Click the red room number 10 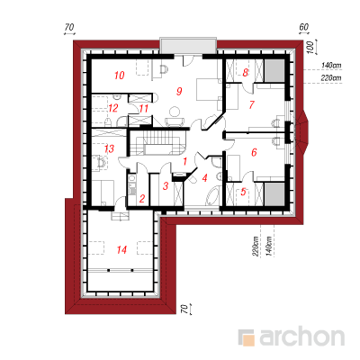(x=120, y=75)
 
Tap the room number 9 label (x=179, y=91)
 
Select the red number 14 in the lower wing (x=121, y=249)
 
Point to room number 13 (x=109, y=148)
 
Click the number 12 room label (x=113, y=108)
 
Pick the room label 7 (x=251, y=104)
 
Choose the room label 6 (x=254, y=152)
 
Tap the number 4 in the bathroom (x=204, y=178)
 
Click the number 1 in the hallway (x=184, y=162)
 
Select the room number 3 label (x=166, y=186)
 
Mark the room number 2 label (x=142, y=198)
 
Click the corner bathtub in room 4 (x=212, y=195)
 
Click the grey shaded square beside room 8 (x=274, y=70)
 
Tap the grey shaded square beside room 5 (x=274, y=194)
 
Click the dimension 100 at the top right (x=311, y=48)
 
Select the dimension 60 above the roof (x=303, y=27)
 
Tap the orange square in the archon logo (x=248, y=340)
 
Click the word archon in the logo (x=302, y=337)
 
